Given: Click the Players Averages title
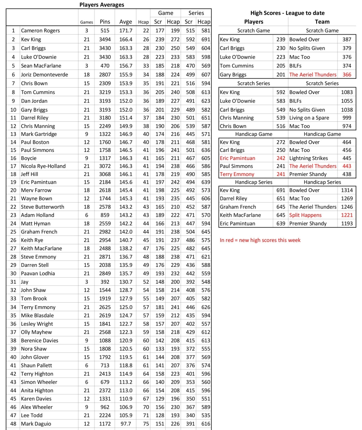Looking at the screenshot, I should (102, 5).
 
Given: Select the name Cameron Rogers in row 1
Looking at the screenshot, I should (40, 31).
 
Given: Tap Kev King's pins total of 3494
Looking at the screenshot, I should (105, 39).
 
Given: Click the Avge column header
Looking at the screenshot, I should (125, 22).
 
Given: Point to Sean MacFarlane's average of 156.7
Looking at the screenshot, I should (125, 66).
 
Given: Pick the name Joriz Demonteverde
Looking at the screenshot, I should (44, 74).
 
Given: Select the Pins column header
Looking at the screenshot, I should (105, 22).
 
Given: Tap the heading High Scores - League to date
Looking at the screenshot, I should (287, 13).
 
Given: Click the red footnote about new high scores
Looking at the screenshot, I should (260, 240).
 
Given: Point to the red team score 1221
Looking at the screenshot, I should (346, 215).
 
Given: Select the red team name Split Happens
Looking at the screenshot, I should (305, 215).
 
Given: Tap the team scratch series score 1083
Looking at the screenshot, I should (346, 92).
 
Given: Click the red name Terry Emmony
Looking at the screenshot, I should (237, 174).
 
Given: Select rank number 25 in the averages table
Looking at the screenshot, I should (13, 231).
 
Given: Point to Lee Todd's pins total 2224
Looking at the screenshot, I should (105, 415).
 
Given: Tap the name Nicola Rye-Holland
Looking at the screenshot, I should (43, 166).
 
